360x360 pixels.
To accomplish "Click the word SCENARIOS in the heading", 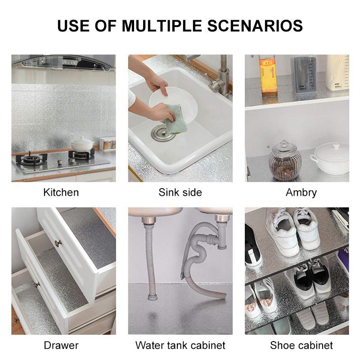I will (255, 26).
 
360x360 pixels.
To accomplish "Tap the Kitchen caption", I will (61, 193).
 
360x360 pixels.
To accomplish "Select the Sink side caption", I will (180, 193).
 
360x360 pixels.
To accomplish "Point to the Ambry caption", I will (301, 193).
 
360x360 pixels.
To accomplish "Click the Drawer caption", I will (61, 346).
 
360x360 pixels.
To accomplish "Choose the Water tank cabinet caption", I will (180, 346).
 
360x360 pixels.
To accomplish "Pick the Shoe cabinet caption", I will (301, 346).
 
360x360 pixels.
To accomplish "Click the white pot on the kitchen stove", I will (82, 144).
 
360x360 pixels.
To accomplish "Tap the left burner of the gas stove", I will (32, 159).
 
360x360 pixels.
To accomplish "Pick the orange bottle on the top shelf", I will (267, 74).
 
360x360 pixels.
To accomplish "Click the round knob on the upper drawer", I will (58, 243).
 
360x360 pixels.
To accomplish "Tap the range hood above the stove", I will (63, 62).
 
